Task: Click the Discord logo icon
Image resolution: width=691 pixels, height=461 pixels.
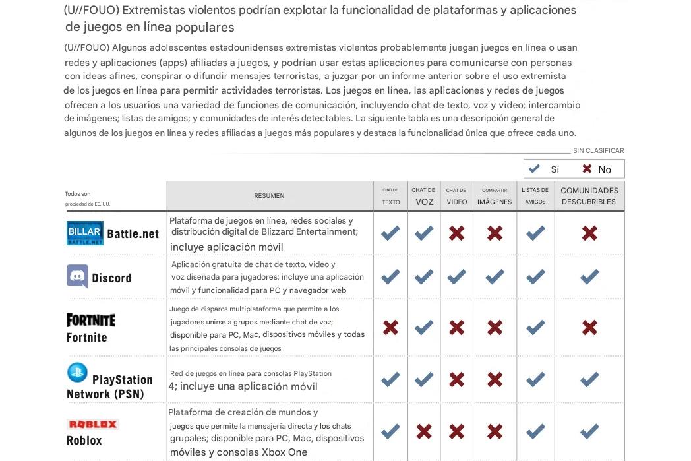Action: pyautogui.click(x=77, y=276)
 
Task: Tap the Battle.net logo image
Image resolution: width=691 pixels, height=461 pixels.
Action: pyautogui.click(x=85, y=233)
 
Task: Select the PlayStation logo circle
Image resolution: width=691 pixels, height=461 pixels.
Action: pyautogui.click(x=77, y=373)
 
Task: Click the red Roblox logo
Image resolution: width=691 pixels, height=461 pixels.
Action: pyautogui.click(x=92, y=424)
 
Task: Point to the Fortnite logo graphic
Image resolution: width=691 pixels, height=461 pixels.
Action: pyautogui.click(x=91, y=320)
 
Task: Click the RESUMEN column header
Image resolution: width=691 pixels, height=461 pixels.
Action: pyautogui.click(x=269, y=196)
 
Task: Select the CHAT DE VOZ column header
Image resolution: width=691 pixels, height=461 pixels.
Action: pyautogui.click(x=423, y=196)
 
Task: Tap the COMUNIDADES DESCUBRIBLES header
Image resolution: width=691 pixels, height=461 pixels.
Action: pyautogui.click(x=589, y=196)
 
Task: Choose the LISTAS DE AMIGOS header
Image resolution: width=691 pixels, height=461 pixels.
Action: pyautogui.click(x=535, y=196)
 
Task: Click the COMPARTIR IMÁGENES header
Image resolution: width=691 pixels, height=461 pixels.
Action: pyautogui.click(x=495, y=196)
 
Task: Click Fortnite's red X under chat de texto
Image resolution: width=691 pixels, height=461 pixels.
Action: pyautogui.click(x=390, y=327)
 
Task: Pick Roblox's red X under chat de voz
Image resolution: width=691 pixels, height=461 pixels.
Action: pyautogui.click(x=424, y=431)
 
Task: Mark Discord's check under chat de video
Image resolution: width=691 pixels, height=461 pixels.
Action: pyautogui.click(x=456, y=276)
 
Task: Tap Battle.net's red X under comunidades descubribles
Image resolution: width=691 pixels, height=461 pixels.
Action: pyautogui.click(x=589, y=233)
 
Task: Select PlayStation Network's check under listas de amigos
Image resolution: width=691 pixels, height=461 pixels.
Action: pyautogui.click(x=535, y=379)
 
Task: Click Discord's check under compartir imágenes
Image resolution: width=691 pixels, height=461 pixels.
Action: pyautogui.click(x=495, y=276)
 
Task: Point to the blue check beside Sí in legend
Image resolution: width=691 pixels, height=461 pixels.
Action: pyautogui.click(x=534, y=169)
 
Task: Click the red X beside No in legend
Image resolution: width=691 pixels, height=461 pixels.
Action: pyautogui.click(x=587, y=169)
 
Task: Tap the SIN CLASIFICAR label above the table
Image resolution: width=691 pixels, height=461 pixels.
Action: pyautogui.click(x=598, y=151)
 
